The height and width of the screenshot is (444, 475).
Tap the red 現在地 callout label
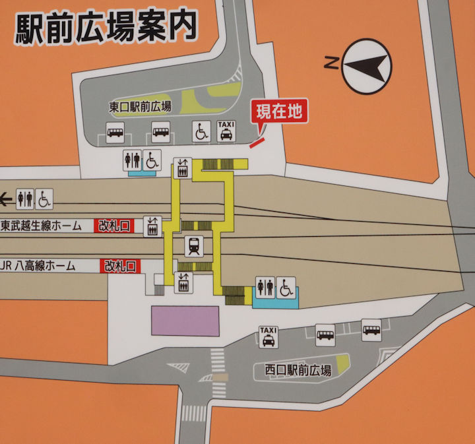coord(280,111)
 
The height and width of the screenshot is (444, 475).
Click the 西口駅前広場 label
coord(294,370)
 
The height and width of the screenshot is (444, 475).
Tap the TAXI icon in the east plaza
coord(226,131)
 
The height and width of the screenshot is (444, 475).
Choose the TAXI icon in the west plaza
coord(269,336)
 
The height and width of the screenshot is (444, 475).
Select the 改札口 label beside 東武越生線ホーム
coord(113,226)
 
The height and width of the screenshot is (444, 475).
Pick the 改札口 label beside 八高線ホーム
coord(120,266)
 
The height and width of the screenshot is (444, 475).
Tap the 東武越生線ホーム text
coord(41,226)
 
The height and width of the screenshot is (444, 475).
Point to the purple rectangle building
coord(185,321)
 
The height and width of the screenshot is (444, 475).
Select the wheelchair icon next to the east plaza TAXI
coord(201,132)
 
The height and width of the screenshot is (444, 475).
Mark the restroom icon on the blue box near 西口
coord(266,288)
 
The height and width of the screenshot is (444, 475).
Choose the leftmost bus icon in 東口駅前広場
coord(115,132)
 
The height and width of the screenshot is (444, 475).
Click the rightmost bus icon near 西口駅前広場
coord(371,329)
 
